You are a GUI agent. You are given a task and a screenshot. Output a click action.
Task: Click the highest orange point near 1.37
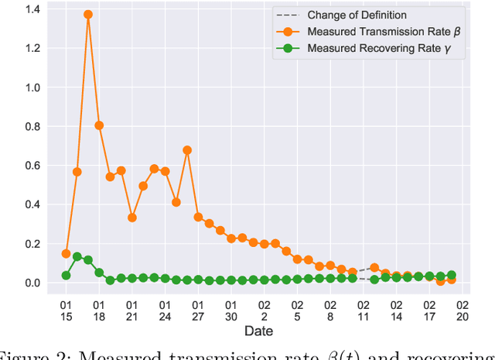point(88,15)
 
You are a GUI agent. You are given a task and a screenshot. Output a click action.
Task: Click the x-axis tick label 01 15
point(66,310)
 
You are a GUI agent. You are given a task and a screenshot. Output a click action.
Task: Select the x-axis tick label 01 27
point(198,310)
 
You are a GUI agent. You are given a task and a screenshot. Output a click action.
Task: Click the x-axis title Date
point(258,331)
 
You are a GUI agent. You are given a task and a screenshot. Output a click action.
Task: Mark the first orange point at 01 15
point(66,253)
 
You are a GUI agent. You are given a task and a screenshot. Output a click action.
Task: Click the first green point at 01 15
point(66,275)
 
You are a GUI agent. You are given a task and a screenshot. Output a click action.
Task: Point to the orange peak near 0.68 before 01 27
point(187,150)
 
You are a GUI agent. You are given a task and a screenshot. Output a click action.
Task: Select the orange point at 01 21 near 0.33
point(132,218)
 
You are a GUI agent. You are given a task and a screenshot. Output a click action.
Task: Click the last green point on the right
point(451,275)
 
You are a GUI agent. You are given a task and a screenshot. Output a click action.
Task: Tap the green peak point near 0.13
point(77,256)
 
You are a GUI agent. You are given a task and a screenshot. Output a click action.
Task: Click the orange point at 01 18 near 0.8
point(99,125)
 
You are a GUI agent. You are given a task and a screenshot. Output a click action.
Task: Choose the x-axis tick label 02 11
point(363,310)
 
